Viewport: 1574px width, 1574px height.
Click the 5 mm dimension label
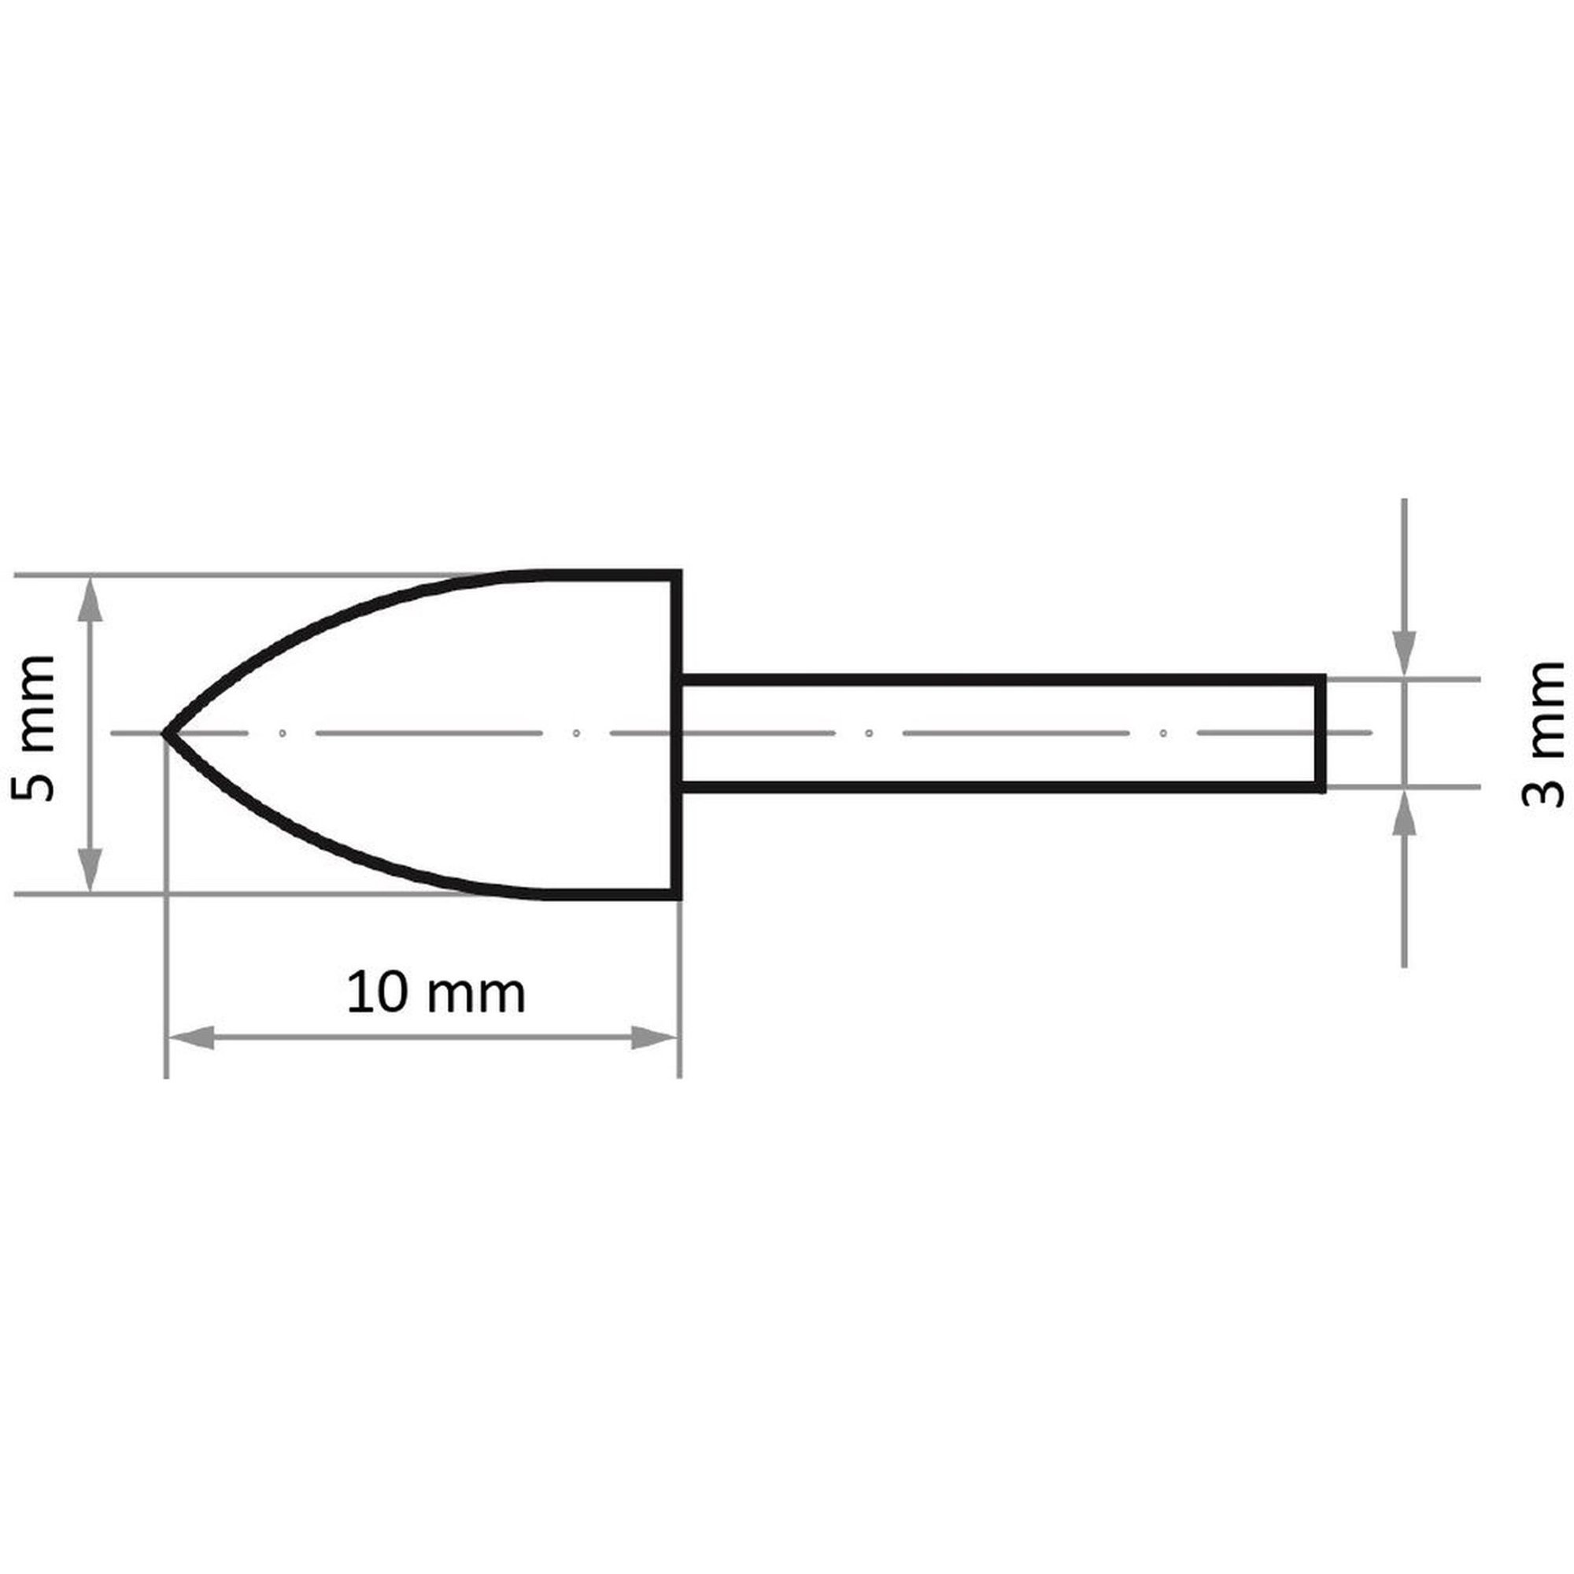(32, 727)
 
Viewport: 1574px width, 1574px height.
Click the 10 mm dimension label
(436, 993)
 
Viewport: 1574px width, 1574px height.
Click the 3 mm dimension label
(1543, 733)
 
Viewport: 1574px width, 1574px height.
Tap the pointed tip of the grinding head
(165, 734)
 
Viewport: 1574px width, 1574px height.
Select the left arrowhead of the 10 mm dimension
(190, 1038)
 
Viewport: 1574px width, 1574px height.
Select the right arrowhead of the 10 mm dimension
(655, 1038)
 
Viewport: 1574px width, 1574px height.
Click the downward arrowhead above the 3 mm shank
(1404, 653)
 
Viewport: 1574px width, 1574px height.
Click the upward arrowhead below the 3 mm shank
(1404, 813)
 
